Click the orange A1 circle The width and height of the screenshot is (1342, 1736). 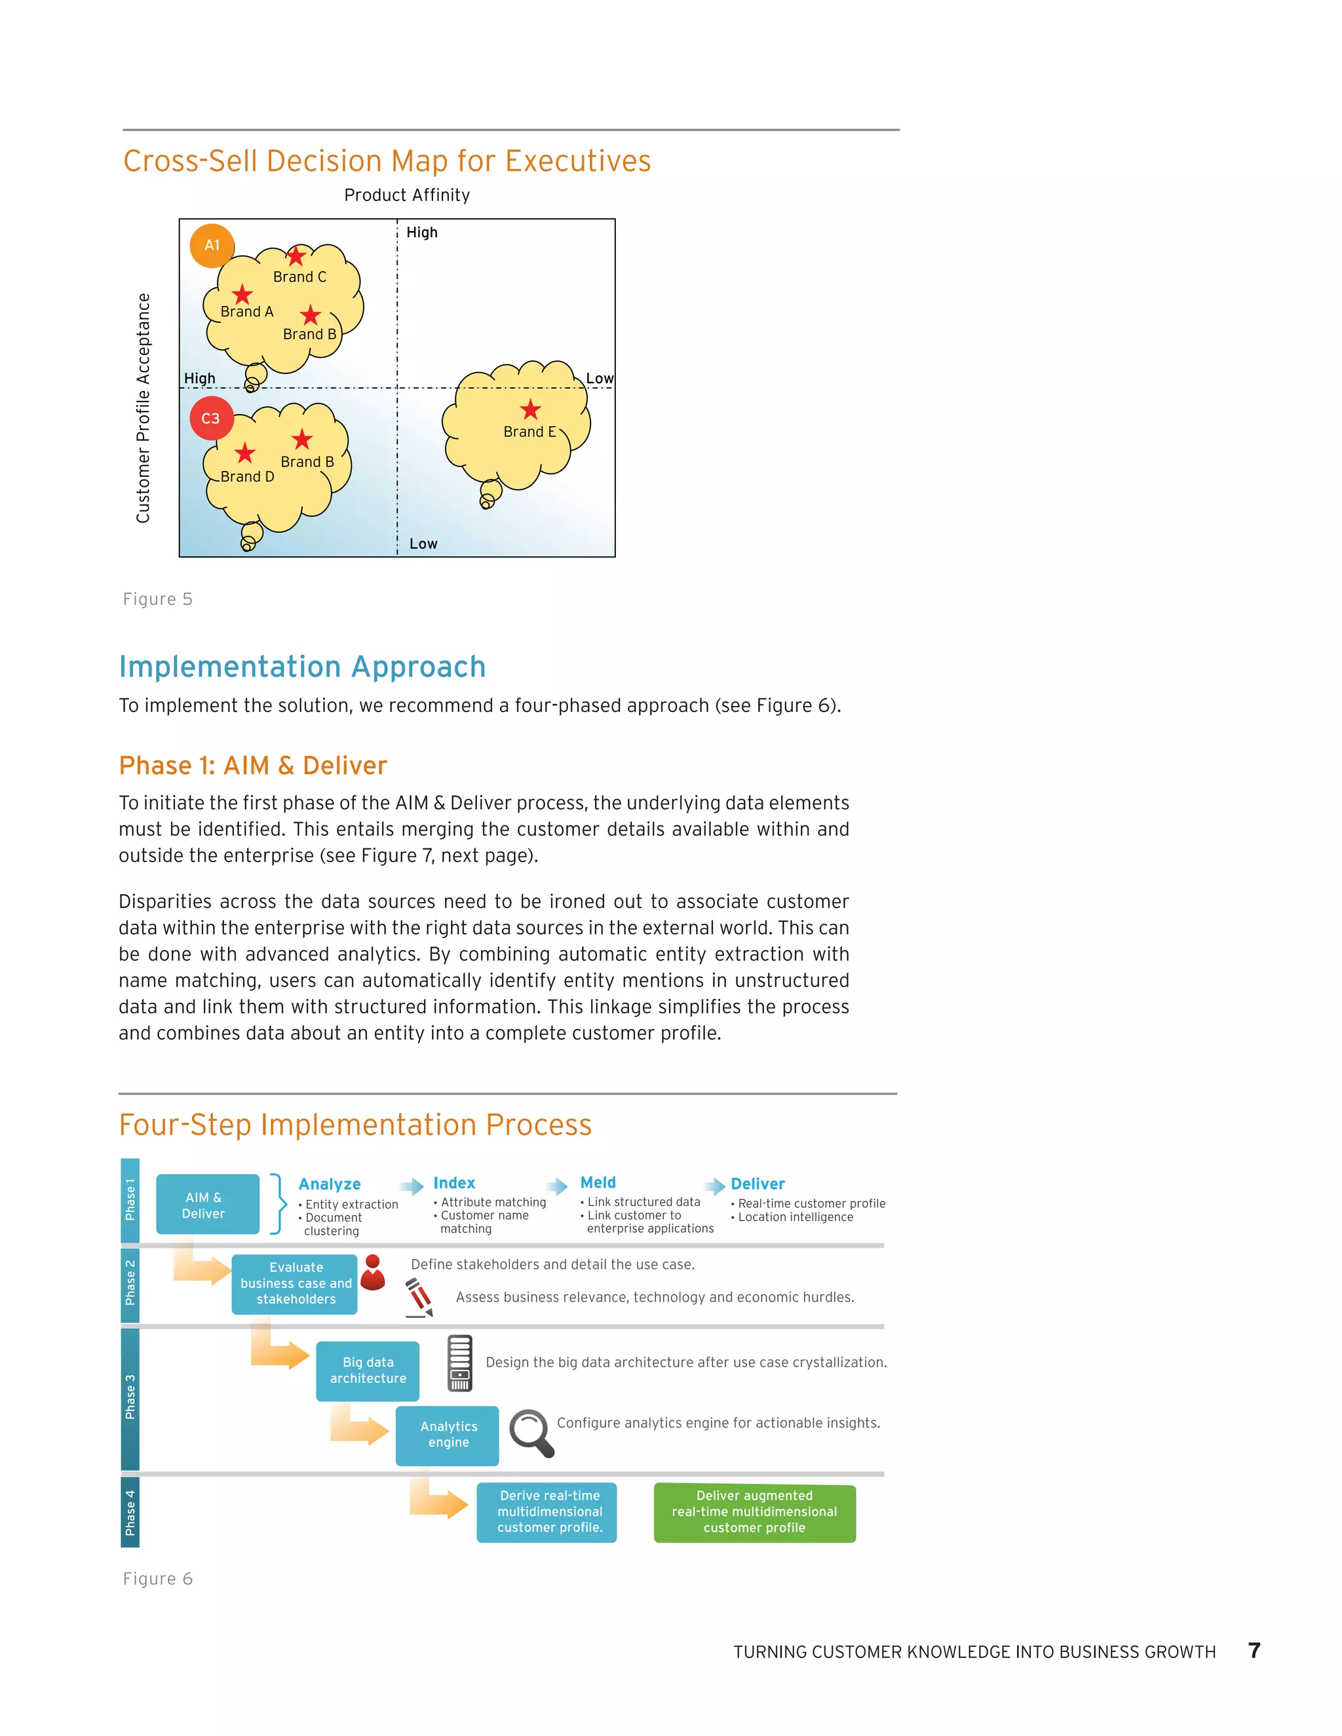(212, 245)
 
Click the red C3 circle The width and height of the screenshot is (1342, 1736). (211, 418)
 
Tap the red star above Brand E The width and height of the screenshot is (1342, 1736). (530, 409)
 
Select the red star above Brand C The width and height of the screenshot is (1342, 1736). (296, 256)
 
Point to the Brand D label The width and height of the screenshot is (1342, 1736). (247, 477)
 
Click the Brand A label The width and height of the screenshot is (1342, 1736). (246, 312)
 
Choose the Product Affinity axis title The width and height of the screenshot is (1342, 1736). (407, 195)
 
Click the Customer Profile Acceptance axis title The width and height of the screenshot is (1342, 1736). (143, 407)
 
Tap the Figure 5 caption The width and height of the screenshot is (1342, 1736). (157, 599)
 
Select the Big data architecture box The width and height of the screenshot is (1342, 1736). (368, 1370)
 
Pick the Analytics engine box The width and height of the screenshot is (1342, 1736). (448, 1435)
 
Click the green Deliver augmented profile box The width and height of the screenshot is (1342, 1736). (754, 1512)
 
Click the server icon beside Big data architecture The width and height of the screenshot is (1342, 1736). (459, 1363)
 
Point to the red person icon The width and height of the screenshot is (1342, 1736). (373, 1272)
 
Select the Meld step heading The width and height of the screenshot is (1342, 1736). (598, 1182)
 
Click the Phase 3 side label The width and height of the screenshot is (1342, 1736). (130, 1396)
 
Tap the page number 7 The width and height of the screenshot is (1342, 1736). (1254, 1651)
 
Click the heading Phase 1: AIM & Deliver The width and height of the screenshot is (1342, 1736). (253, 765)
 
